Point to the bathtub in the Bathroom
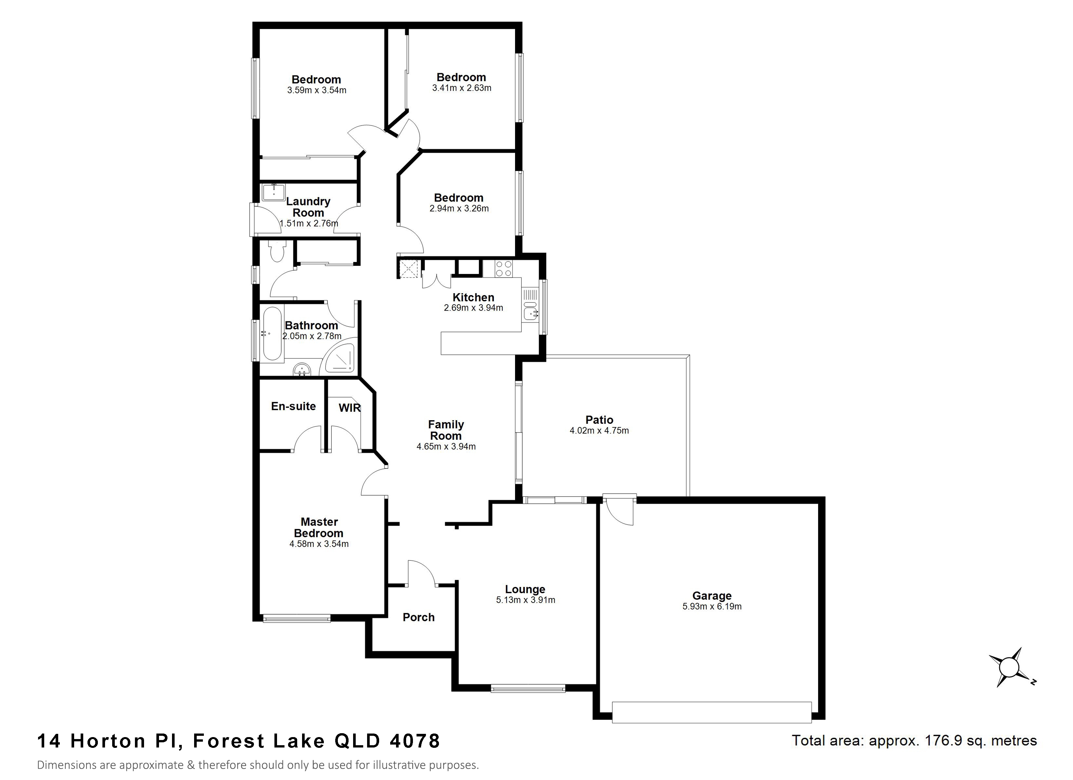click(x=272, y=333)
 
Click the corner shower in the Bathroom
click(x=339, y=358)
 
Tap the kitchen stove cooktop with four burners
click(x=503, y=269)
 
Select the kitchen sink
click(x=530, y=313)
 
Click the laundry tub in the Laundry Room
click(x=273, y=192)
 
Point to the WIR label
click(x=349, y=408)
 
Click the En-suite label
click(x=293, y=406)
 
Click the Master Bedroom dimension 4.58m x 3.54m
click(x=319, y=544)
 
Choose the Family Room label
click(x=446, y=430)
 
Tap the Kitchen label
click(x=473, y=297)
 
